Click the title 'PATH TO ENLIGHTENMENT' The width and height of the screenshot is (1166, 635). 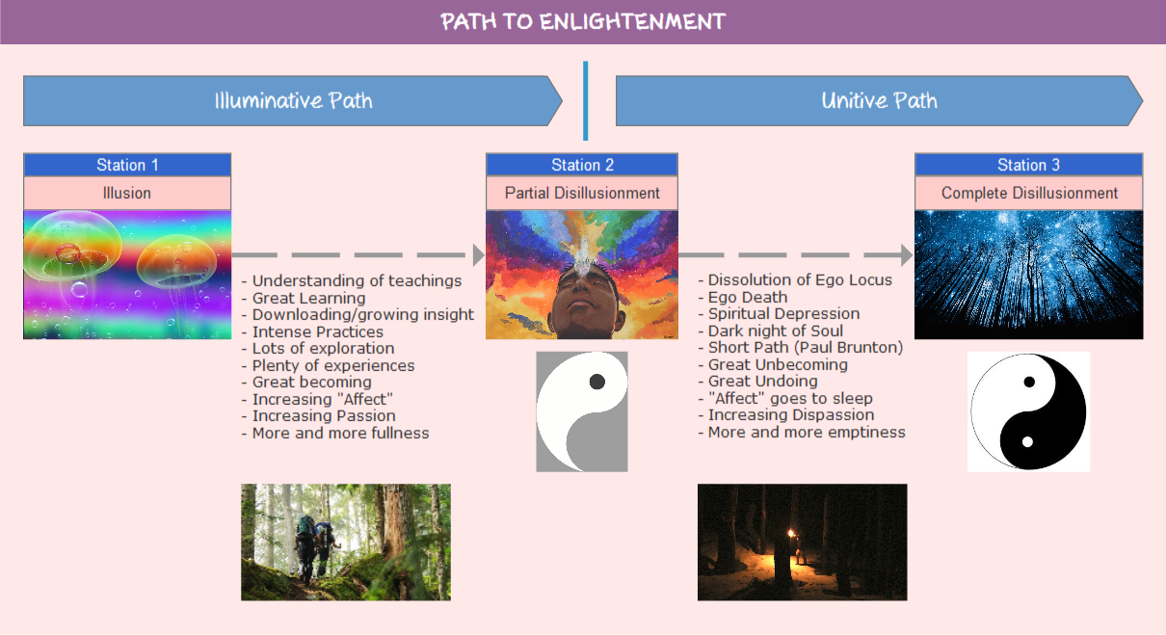click(582, 21)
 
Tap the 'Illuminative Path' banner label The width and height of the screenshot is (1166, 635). click(293, 100)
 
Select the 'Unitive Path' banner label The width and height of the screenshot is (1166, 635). click(879, 100)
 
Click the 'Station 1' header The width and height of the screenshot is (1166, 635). click(127, 165)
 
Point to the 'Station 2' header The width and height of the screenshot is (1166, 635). click(582, 165)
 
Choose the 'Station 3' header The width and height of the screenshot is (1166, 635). click(1028, 165)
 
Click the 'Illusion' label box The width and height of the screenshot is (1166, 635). click(127, 193)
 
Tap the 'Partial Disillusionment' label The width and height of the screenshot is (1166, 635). click(582, 193)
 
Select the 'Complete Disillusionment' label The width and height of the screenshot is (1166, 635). click(1028, 193)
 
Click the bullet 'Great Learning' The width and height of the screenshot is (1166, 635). click(308, 298)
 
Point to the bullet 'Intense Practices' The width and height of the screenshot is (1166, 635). click(317, 331)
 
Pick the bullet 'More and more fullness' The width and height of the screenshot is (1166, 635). click(340, 433)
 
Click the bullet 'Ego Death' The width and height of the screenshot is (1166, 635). click(747, 297)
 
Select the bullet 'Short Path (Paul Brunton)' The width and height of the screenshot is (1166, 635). click(805, 348)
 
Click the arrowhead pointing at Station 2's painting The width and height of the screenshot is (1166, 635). click(478, 255)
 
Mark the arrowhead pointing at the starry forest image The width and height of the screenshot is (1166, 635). click(906, 255)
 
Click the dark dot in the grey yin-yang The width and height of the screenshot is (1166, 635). click(596, 382)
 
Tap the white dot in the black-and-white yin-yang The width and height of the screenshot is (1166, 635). click(1027, 441)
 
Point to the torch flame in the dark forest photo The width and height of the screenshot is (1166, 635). click(792, 533)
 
